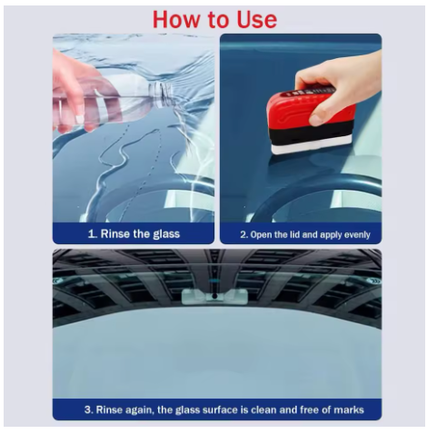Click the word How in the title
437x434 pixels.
[176, 18]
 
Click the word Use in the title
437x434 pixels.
[254, 18]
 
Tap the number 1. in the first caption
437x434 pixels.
[92, 234]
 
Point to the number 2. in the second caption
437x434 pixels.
[243, 235]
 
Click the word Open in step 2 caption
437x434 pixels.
[263, 235]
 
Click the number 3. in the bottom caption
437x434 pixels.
[88, 409]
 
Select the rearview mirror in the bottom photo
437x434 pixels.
[208, 296]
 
